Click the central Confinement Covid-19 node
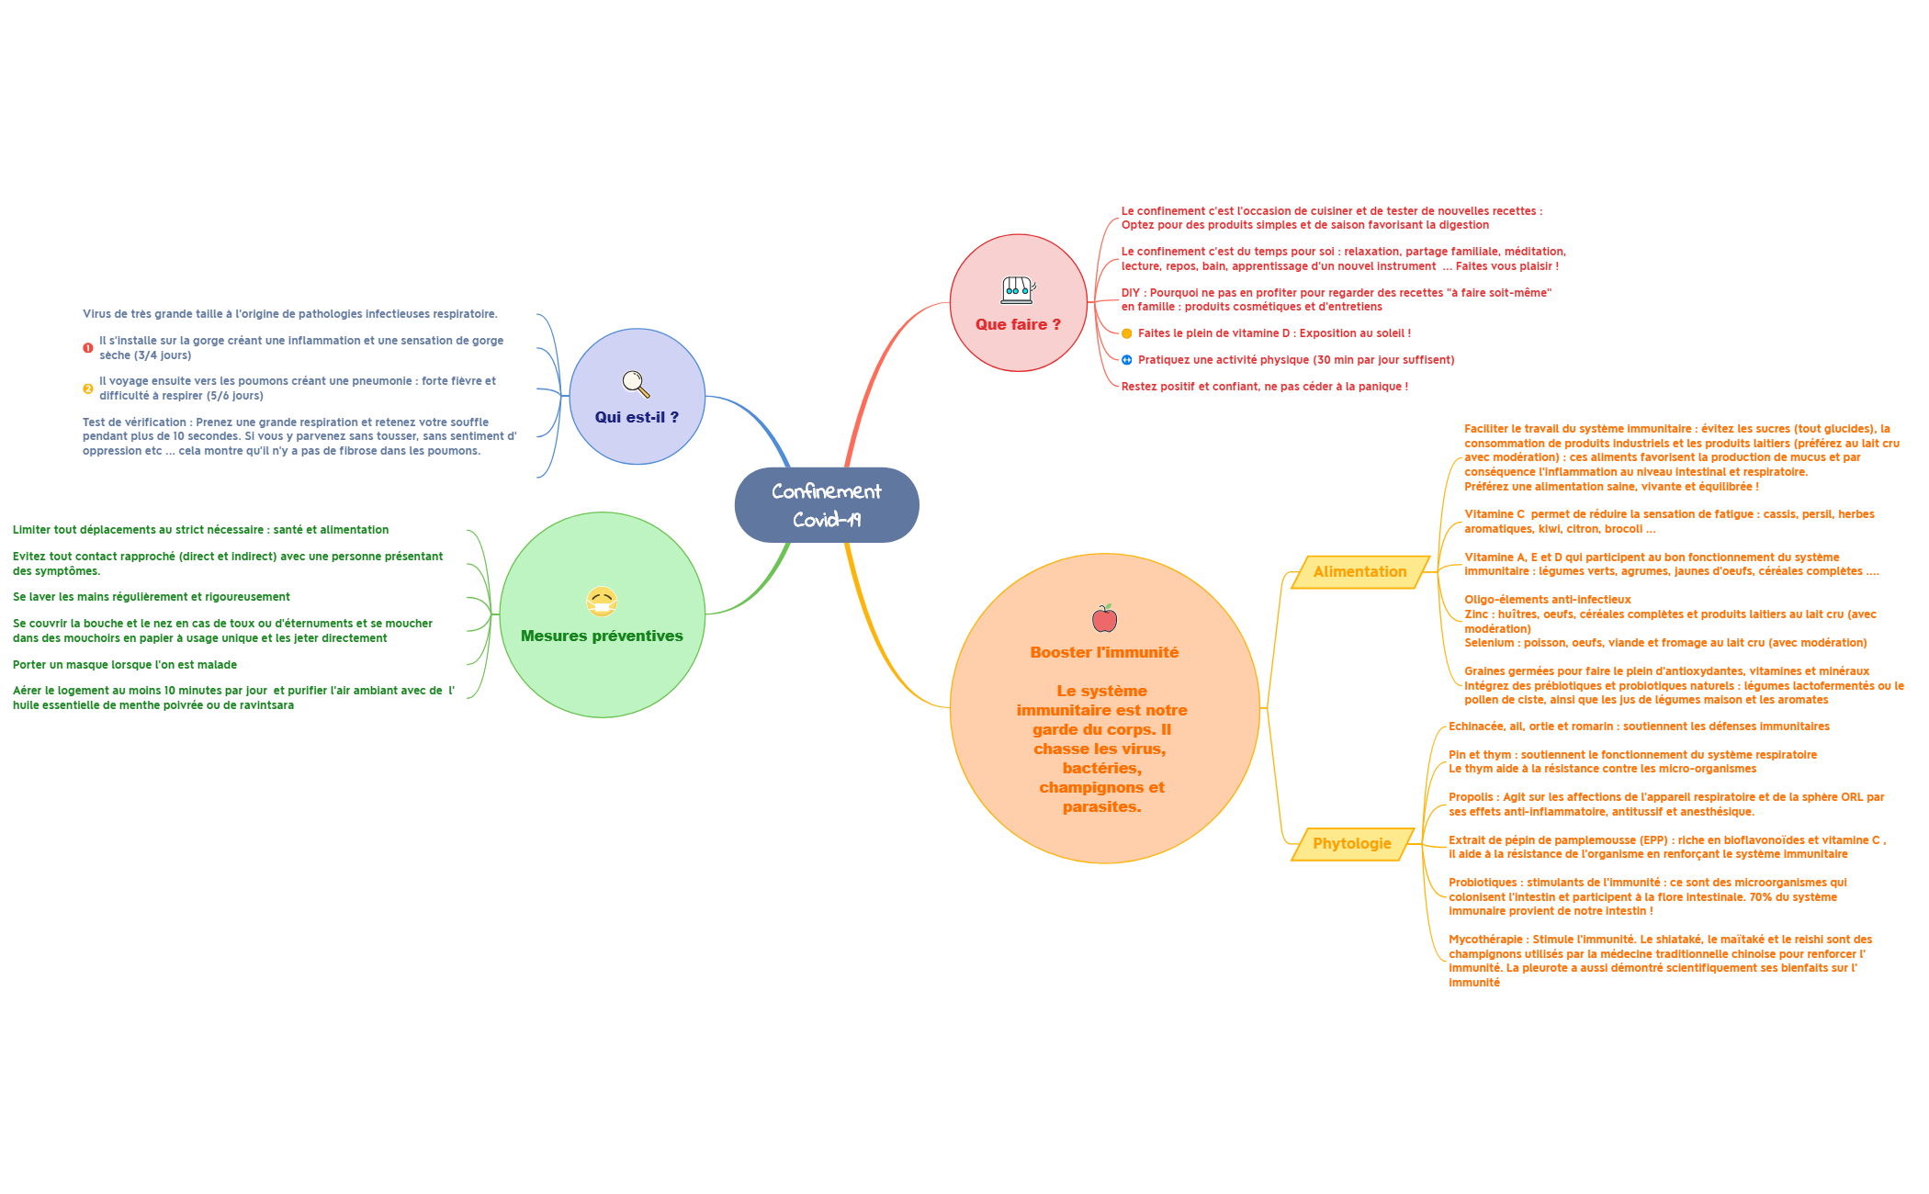(826, 504)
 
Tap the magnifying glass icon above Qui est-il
(636, 384)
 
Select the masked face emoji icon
(602, 602)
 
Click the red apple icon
(1104, 619)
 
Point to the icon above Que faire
(1018, 290)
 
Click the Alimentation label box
(1359, 571)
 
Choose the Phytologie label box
(1351, 843)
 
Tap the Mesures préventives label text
(602, 636)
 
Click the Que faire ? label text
(1018, 324)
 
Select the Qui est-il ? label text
(637, 417)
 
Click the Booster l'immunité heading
(1104, 652)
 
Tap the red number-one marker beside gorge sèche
(88, 348)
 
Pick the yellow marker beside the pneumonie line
(88, 389)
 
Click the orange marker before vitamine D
(1127, 333)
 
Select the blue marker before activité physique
(1127, 360)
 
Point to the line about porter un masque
(125, 664)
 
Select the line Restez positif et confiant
(1264, 387)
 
